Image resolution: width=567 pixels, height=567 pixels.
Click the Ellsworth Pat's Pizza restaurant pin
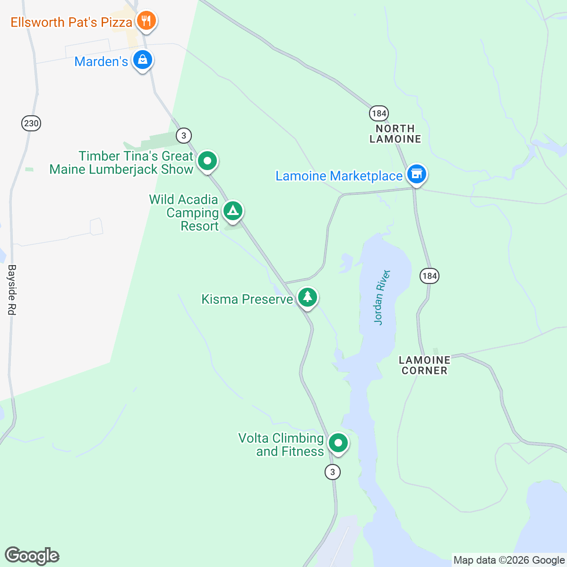[x=146, y=21]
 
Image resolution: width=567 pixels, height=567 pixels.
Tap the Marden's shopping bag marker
[x=142, y=60]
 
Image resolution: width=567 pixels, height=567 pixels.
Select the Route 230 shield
[x=31, y=124]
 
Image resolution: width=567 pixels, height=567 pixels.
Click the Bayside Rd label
[x=12, y=290]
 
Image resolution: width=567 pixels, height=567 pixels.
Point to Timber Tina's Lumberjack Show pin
[x=207, y=161]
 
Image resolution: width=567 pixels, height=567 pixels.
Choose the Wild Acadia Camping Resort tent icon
[x=232, y=211]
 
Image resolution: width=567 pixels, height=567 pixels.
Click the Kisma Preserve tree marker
[x=308, y=298]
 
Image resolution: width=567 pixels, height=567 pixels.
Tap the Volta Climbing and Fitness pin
[x=338, y=444]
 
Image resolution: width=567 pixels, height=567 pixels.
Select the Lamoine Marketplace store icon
[x=416, y=174]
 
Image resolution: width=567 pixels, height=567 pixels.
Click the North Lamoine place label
[x=395, y=134]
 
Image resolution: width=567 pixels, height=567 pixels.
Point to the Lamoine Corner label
[x=424, y=365]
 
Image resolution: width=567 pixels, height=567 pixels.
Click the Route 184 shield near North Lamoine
[x=379, y=113]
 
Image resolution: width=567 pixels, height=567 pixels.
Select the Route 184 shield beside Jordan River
[x=430, y=276]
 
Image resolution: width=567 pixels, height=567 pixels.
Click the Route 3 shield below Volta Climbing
[x=333, y=472]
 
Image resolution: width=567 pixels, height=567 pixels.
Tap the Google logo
[x=32, y=556]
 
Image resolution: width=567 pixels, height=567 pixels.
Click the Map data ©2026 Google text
[x=509, y=560]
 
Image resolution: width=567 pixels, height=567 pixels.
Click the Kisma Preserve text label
[x=247, y=299]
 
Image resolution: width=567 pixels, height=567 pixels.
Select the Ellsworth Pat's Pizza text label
[x=71, y=22]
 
